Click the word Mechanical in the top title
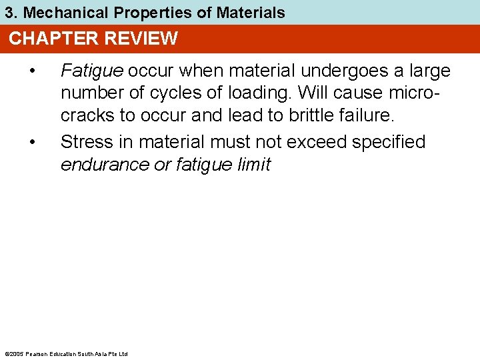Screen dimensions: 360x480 pos(55,12)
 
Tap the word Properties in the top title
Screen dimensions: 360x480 pos(133,12)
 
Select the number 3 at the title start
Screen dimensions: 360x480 pos(9,12)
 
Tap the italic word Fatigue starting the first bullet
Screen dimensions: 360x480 pos(92,71)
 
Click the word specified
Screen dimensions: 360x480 pos(394,141)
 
